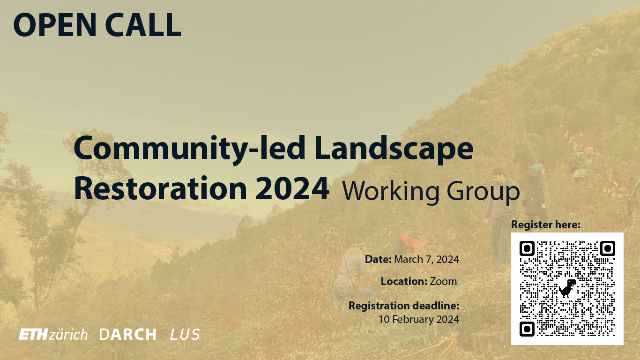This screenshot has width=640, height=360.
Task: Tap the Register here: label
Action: [x=545, y=225]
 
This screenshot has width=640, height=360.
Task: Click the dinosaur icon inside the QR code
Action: [x=567, y=288]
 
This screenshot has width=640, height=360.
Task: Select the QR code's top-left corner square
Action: [x=527, y=248]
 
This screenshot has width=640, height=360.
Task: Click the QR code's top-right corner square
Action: [x=607, y=248]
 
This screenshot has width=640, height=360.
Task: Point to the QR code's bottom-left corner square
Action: [x=527, y=328]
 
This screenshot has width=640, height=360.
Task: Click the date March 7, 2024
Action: [x=426, y=259]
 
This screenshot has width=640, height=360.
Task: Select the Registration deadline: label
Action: [x=403, y=306]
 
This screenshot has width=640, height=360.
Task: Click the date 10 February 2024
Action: [x=419, y=320]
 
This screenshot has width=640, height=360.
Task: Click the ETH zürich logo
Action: [x=53, y=335]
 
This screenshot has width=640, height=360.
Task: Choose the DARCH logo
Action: [x=128, y=335]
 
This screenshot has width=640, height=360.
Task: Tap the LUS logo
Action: [x=185, y=335]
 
